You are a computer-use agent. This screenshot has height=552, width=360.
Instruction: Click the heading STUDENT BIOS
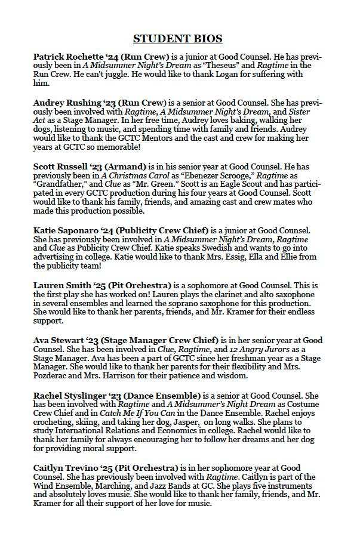click(177, 39)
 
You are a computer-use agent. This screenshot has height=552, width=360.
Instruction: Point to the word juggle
click(123, 75)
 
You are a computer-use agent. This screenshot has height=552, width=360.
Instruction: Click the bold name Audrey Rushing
click(69, 103)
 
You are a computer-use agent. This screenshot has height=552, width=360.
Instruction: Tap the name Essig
click(219, 257)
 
